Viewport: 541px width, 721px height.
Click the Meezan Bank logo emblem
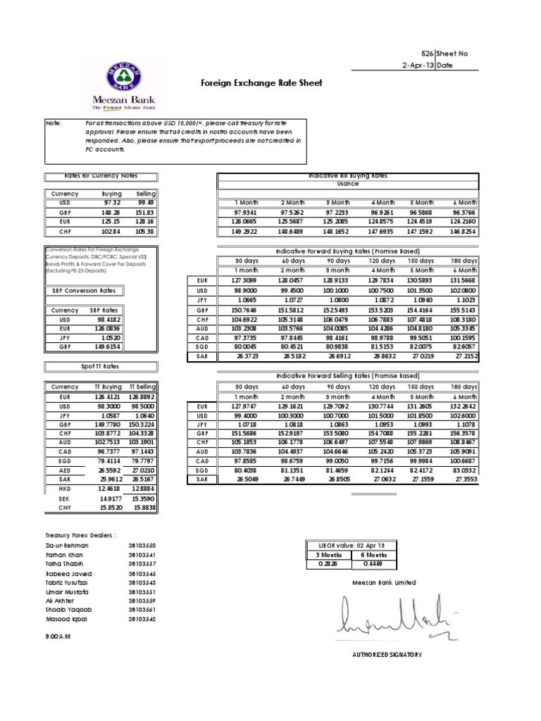124,75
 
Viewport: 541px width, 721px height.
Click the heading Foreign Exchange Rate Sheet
261,83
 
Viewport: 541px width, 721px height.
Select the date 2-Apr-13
416,65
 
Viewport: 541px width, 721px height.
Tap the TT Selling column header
142,387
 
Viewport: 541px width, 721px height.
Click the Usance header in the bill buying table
348,184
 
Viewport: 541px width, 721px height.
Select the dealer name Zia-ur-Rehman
66,546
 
